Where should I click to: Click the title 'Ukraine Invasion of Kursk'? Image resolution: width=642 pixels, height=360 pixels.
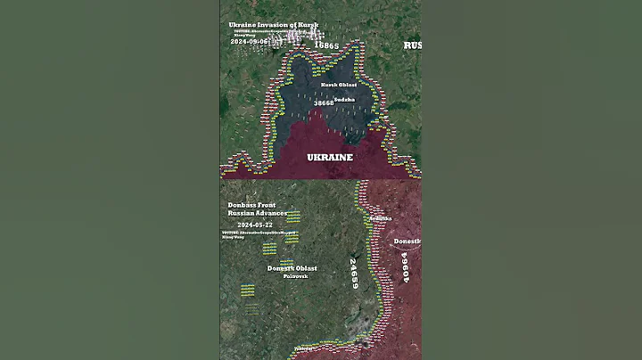click(x=273, y=25)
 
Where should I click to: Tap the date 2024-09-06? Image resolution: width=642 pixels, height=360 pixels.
click(x=250, y=42)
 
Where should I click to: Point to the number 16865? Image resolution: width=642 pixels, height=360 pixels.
click(x=329, y=45)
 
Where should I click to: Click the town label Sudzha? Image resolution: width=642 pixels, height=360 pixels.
click(x=346, y=99)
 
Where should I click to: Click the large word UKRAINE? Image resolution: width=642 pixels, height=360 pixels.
click(x=330, y=157)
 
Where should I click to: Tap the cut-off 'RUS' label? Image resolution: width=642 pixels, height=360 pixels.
click(x=412, y=45)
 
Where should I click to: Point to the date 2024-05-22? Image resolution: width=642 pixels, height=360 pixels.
click(x=250, y=225)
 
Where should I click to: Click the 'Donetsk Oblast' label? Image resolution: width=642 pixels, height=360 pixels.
click(x=292, y=268)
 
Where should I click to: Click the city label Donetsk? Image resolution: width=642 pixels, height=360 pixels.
click(x=407, y=241)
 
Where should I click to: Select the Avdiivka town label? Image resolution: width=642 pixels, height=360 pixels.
click(x=379, y=218)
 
